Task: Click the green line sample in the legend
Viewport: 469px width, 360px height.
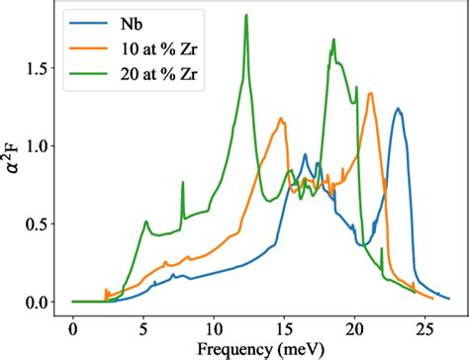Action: click(91, 76)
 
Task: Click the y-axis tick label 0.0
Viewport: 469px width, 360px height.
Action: click(43, 302)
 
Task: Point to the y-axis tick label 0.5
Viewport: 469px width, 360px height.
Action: click(43, 224)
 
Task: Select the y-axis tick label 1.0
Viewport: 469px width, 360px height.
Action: click(43, 146)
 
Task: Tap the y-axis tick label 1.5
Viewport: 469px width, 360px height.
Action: click(43, 68)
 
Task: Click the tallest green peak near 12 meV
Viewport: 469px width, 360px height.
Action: click(245, 30)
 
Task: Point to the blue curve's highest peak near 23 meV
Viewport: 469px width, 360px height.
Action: click(398, 110)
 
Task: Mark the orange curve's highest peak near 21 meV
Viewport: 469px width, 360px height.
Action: click(370, 94)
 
